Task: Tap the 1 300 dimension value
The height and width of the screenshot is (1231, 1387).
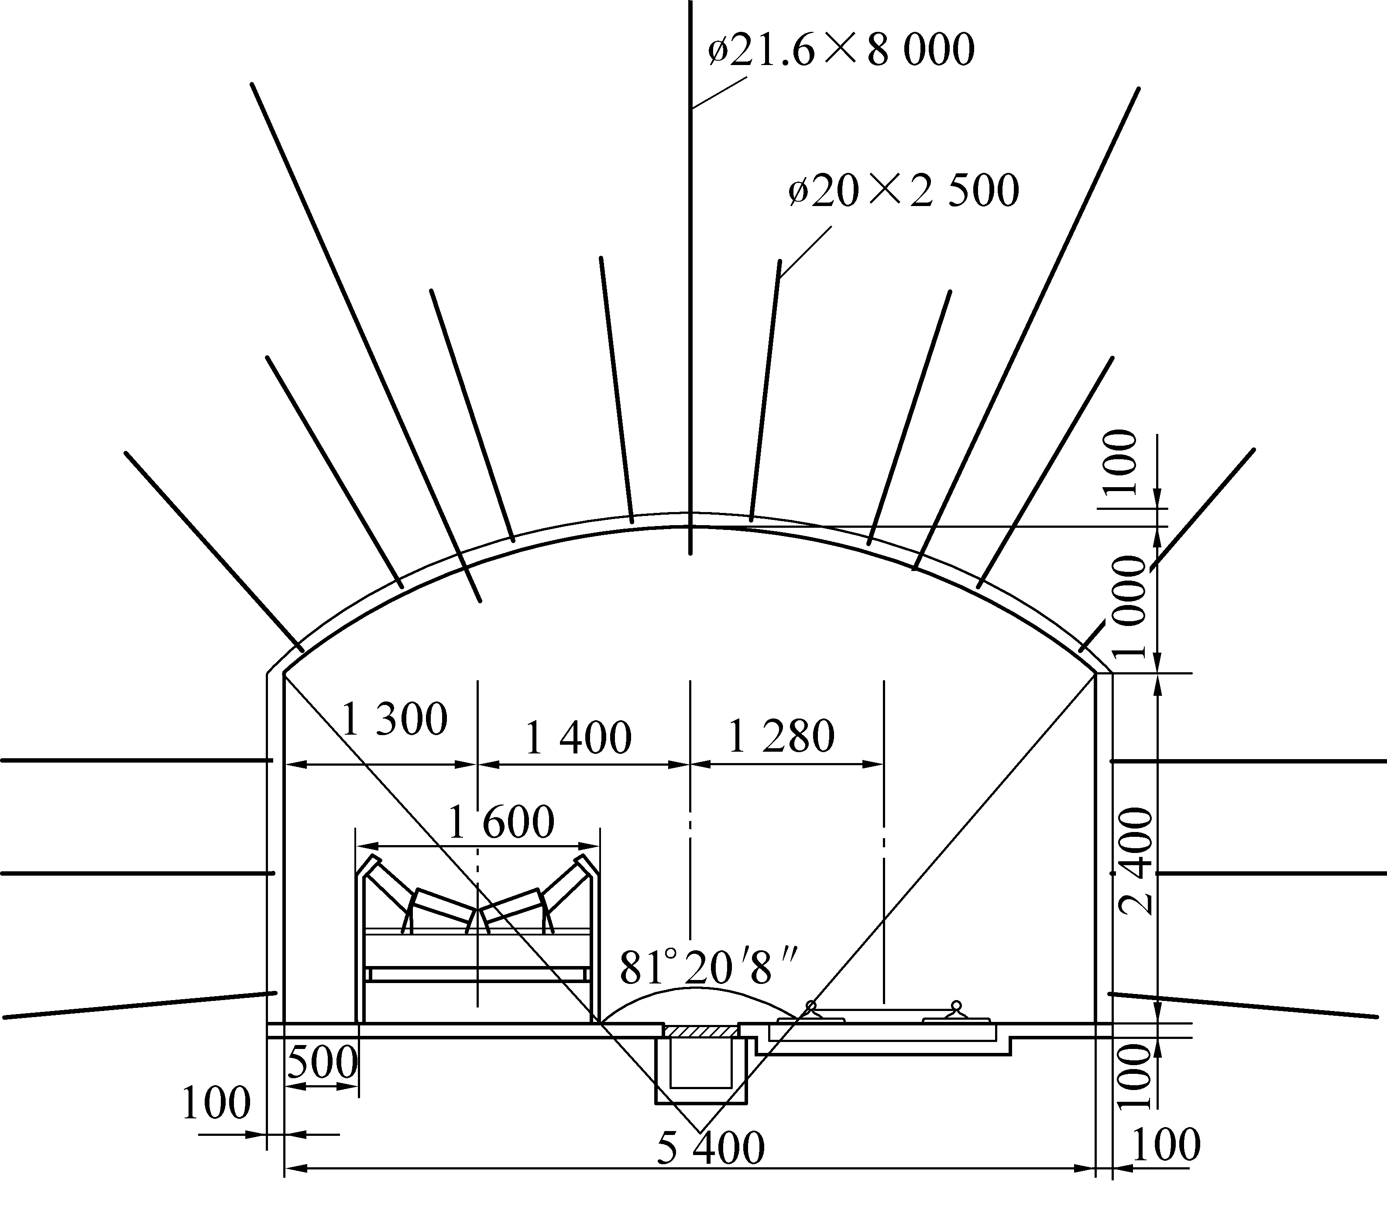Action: point(394,719)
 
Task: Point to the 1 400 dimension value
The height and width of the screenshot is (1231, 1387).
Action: point(579,738)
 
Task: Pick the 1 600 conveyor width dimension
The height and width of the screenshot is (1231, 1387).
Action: point(501,822)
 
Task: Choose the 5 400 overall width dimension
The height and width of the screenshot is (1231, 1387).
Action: point(711,1147)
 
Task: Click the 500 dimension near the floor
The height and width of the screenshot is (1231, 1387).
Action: point(323,1063)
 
